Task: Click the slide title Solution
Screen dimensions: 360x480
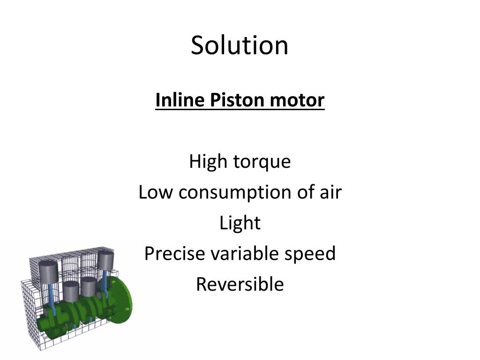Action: [240, 45]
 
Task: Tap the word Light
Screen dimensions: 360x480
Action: [240, 223]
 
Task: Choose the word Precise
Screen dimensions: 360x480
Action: [174, 254]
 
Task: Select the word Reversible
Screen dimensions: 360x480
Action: [240, 285]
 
